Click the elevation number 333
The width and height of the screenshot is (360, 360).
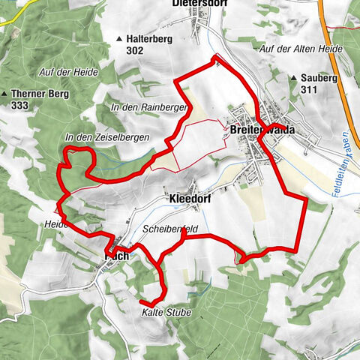[x=20, y=106]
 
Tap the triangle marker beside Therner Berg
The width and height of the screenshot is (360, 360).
[x=5, y=94]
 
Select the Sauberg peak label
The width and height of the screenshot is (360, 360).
[x=316, y=77]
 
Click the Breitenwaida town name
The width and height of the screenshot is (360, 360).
[x=263, y=130]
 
